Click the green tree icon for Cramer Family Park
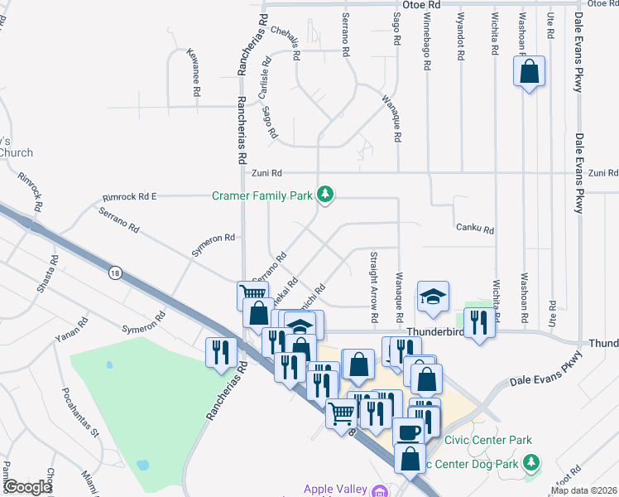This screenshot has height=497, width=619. (x=327, y=195)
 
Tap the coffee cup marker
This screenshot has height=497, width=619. (x=407, y=432)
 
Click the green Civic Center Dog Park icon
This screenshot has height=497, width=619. (x=535, y=461)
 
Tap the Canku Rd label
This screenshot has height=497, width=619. (x=474, y=229)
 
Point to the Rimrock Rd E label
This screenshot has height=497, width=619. (x=129, y=197)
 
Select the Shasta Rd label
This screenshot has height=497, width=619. (x=54, y=271)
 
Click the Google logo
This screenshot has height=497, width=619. (x=27, y=487)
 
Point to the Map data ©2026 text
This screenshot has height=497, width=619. (x=583, y=490)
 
